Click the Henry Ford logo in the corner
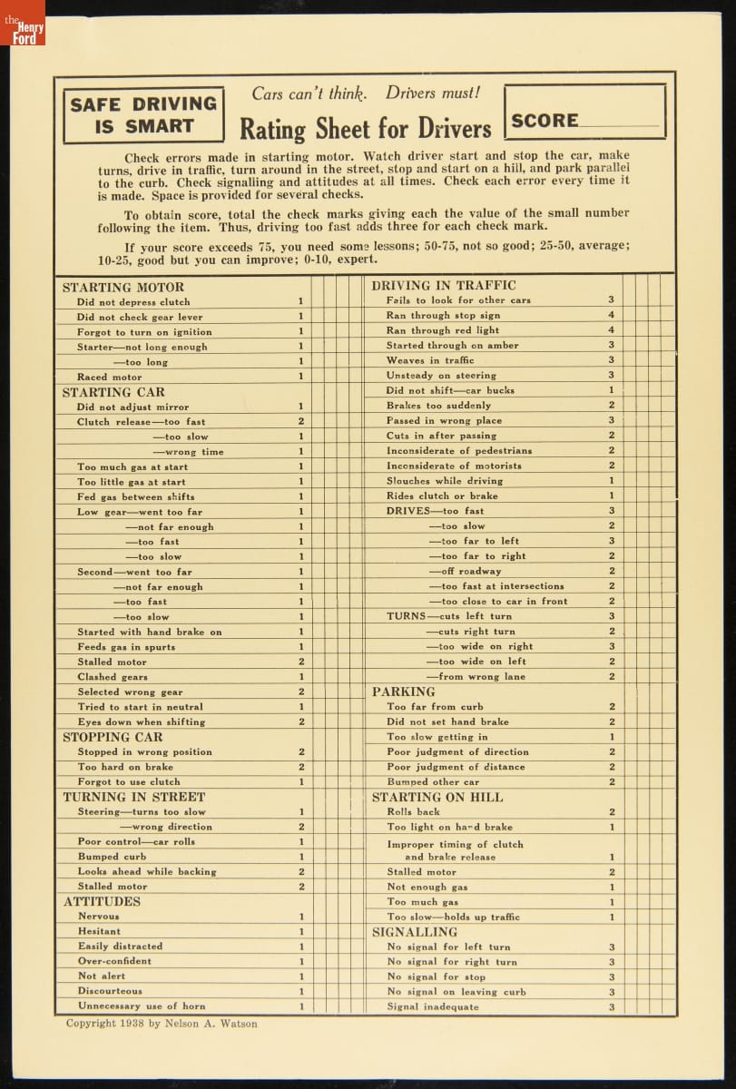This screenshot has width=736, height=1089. [23, 24]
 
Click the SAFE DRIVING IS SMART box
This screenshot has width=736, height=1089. [143, 115]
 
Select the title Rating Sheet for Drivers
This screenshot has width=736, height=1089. [365, 129]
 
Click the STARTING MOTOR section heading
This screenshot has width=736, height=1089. [123, 287]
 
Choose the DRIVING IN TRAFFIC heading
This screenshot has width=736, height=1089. [444, 286]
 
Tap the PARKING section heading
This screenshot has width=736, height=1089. [404, 692]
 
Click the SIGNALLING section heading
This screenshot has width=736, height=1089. [415, 932]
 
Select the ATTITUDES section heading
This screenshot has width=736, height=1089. [102, 901]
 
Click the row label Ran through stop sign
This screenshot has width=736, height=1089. [443, 316]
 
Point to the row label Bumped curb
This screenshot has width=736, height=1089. [112, 857]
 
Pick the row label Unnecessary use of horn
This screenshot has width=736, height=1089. [142, 1006]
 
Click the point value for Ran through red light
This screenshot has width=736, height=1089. [612, 330]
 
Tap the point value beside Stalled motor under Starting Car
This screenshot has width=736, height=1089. [301, 662]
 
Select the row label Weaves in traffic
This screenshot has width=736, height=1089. [430, 360]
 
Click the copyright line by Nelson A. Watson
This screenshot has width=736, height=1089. [162, 1024]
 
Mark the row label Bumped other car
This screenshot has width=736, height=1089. [433, 781]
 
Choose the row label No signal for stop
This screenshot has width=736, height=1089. [437, 976]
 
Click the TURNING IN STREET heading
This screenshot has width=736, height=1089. [134, 797]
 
